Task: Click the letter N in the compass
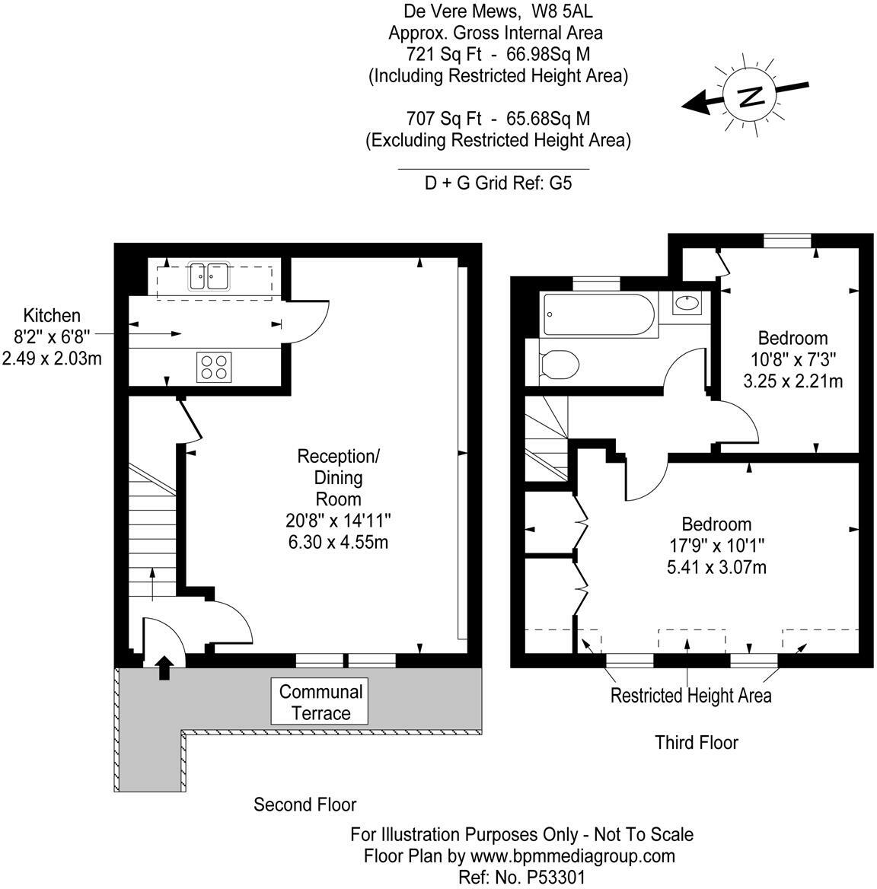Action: click(x=751, y=96)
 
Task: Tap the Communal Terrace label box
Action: click(x=321, y=703)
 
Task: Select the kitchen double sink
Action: click(x=209, y=276)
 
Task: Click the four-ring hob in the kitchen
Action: click(x=214, y=366)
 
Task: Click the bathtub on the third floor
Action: click(x=598, y=315)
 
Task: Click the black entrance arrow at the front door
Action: click(x=163, y=668)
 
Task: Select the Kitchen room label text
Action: click(x=52, y=315)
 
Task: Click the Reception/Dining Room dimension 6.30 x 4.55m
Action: click(x=340, y=543)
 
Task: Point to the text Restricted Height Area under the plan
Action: click(x=690, y=696)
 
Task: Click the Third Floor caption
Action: click(x=697, y=742)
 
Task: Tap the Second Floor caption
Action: click(x=305, y=805)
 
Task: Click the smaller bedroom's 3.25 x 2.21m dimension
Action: click(x=792, y=381)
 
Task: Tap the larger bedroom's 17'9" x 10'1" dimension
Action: click(x=716, y=546)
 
